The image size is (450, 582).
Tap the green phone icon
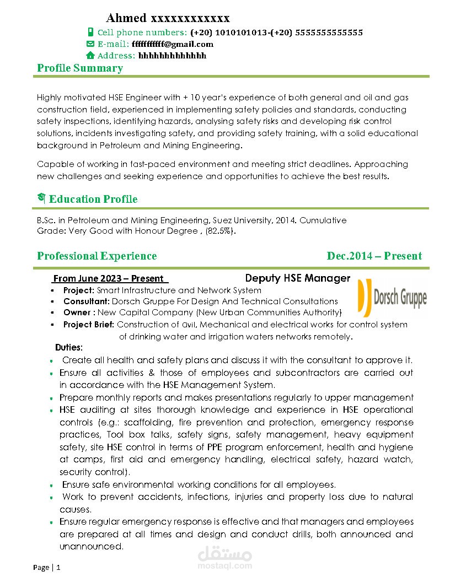coord(90,33)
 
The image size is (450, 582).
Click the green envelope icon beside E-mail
coord(90,44)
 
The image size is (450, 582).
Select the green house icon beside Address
coord(90,56)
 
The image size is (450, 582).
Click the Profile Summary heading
coord(80,68)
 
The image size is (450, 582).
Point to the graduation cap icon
coord(41,198)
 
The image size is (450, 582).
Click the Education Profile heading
coord(93,199)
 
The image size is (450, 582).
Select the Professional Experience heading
coord(97,256)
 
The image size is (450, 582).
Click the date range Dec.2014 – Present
coord(374,256)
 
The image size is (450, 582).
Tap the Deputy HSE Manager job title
coord(298,278)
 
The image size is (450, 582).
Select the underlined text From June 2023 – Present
coord(109,279)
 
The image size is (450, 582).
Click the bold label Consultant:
coord(87,301)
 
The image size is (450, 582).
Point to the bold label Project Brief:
coord(89,325)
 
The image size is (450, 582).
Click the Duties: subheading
coord(69,348)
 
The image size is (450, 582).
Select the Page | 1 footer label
coord(47,567)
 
